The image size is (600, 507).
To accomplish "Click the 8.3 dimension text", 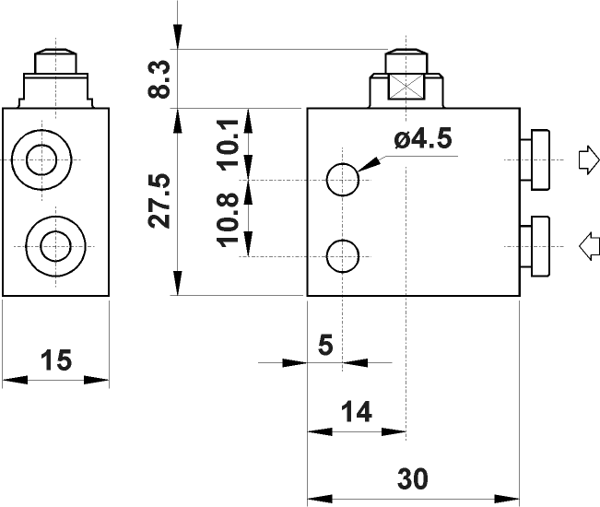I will pyautogui.click(x=160, y=80).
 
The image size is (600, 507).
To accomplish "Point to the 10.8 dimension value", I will pyautogui.click(x=230, y=218).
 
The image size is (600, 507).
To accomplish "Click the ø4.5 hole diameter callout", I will pyautogui.click(x=421, y=140).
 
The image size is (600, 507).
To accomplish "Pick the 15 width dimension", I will pyautogui.click(x=57, y=360).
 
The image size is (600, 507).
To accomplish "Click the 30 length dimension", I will pyautogui.click(x=412, y=478).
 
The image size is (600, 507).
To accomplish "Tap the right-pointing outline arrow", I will pyautogui.click(x=585, y=160).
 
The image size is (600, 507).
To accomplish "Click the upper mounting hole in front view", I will pyautogui.click(x=344, y=180).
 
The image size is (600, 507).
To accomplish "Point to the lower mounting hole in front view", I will pyautogui.click(x=344, y=255).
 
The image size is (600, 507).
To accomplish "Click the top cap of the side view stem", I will pyautogui.click(x=56, y=62).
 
